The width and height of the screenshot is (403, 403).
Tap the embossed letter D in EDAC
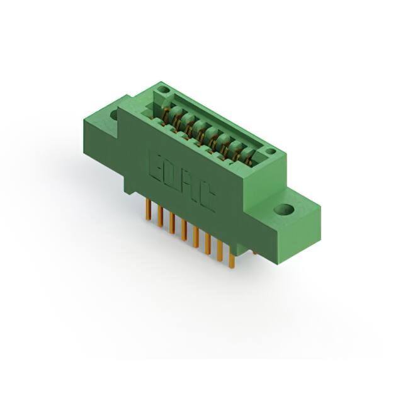click(173, 176)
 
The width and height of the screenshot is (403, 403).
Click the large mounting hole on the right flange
click(284, 210)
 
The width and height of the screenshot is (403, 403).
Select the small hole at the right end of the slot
click(270, 152)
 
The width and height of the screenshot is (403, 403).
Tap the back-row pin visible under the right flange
click(255, 253)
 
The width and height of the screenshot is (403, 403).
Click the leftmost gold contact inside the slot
click(167, 115)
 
